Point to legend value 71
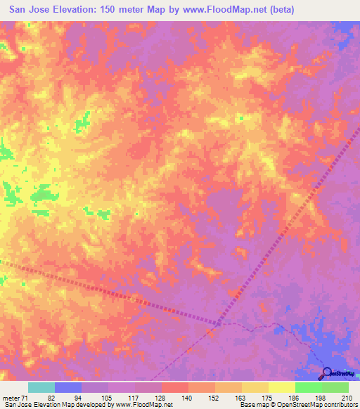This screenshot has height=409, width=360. click(27, 398)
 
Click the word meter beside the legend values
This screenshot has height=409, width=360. click(11, 398)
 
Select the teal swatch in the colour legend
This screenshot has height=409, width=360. click(41, 387)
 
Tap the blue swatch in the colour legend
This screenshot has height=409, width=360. click(67, 387)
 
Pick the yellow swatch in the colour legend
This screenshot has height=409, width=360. click(281, 387)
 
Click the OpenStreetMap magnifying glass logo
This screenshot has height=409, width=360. click(327, 372)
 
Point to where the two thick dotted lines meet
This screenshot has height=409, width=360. click(219, 324)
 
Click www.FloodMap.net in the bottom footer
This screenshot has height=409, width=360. click(145, 405)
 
